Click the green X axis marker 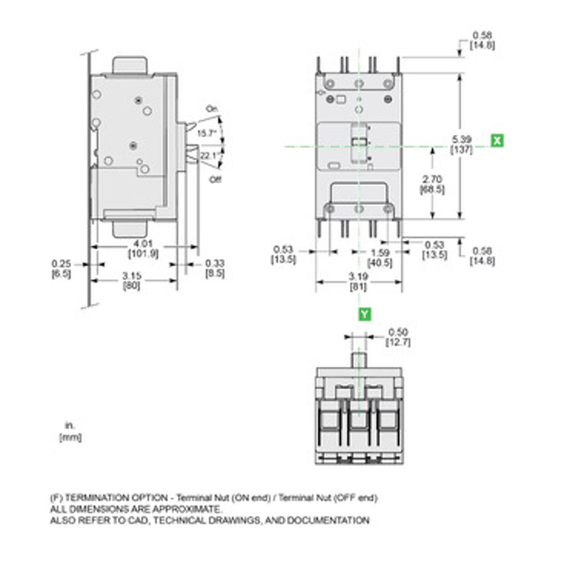pyautogui.click(x=497, y=140)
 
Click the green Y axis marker pyautogui.click(x=365, y=314)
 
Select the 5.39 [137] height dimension pyautogui.click(x=461, y=145)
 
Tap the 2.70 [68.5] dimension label pyautogui.click(x=432, y=184)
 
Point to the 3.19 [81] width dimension pyautogui.click(x=358, y=282)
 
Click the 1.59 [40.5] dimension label pyautogui.click(x=380, y=258)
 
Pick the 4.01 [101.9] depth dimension pyautogui.click(x=143, y=249)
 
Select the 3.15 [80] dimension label pyautogui.click(x=131, y=281)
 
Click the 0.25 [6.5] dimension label pyautogui.click(x=61, y=268)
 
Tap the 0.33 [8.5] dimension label pyautogui.click(x=215, y=268)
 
